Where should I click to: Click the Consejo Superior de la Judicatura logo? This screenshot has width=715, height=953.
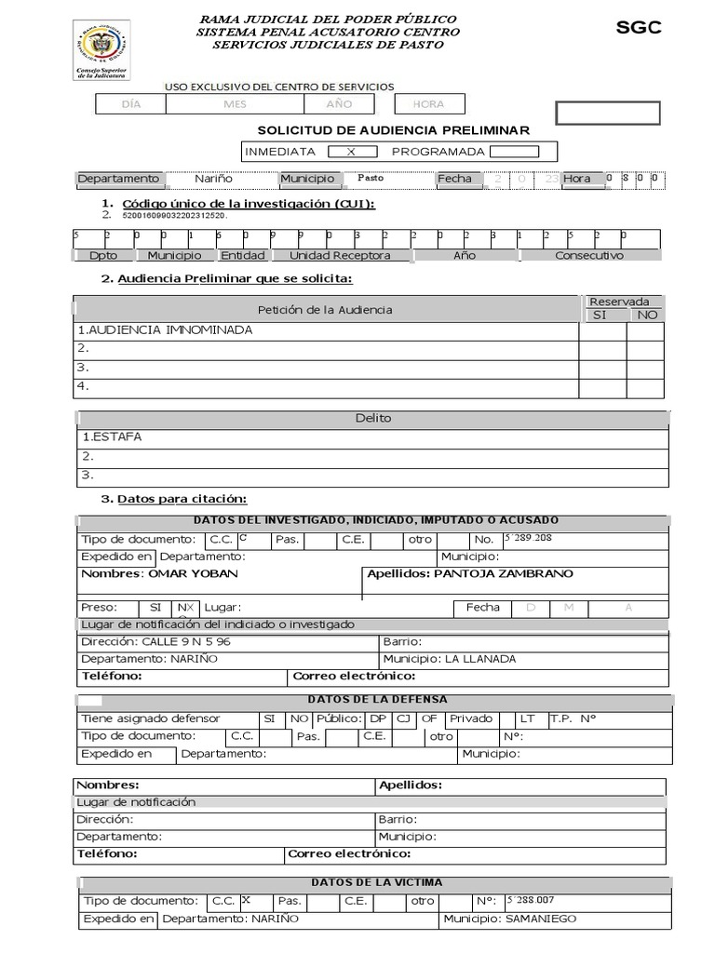pos(101,49)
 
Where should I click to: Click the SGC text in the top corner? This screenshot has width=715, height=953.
pos(639,28)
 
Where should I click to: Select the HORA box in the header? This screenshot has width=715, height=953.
pos(428,104)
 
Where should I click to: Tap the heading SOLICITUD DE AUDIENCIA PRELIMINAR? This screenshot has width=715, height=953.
pos(393,130)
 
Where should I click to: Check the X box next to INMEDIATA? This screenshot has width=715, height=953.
pos(351,152)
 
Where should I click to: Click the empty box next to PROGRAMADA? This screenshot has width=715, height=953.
pos(514,152)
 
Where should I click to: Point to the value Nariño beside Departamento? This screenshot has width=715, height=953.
pos(213,179)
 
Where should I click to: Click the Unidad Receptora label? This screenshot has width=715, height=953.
pos(340,255)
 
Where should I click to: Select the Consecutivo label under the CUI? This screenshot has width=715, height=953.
pos(589,255)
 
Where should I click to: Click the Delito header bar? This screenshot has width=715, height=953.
pos(372,419)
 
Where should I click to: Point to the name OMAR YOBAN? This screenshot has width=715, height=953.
pos(193,573)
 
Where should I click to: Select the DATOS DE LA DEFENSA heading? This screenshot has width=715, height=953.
pos(377,699)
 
